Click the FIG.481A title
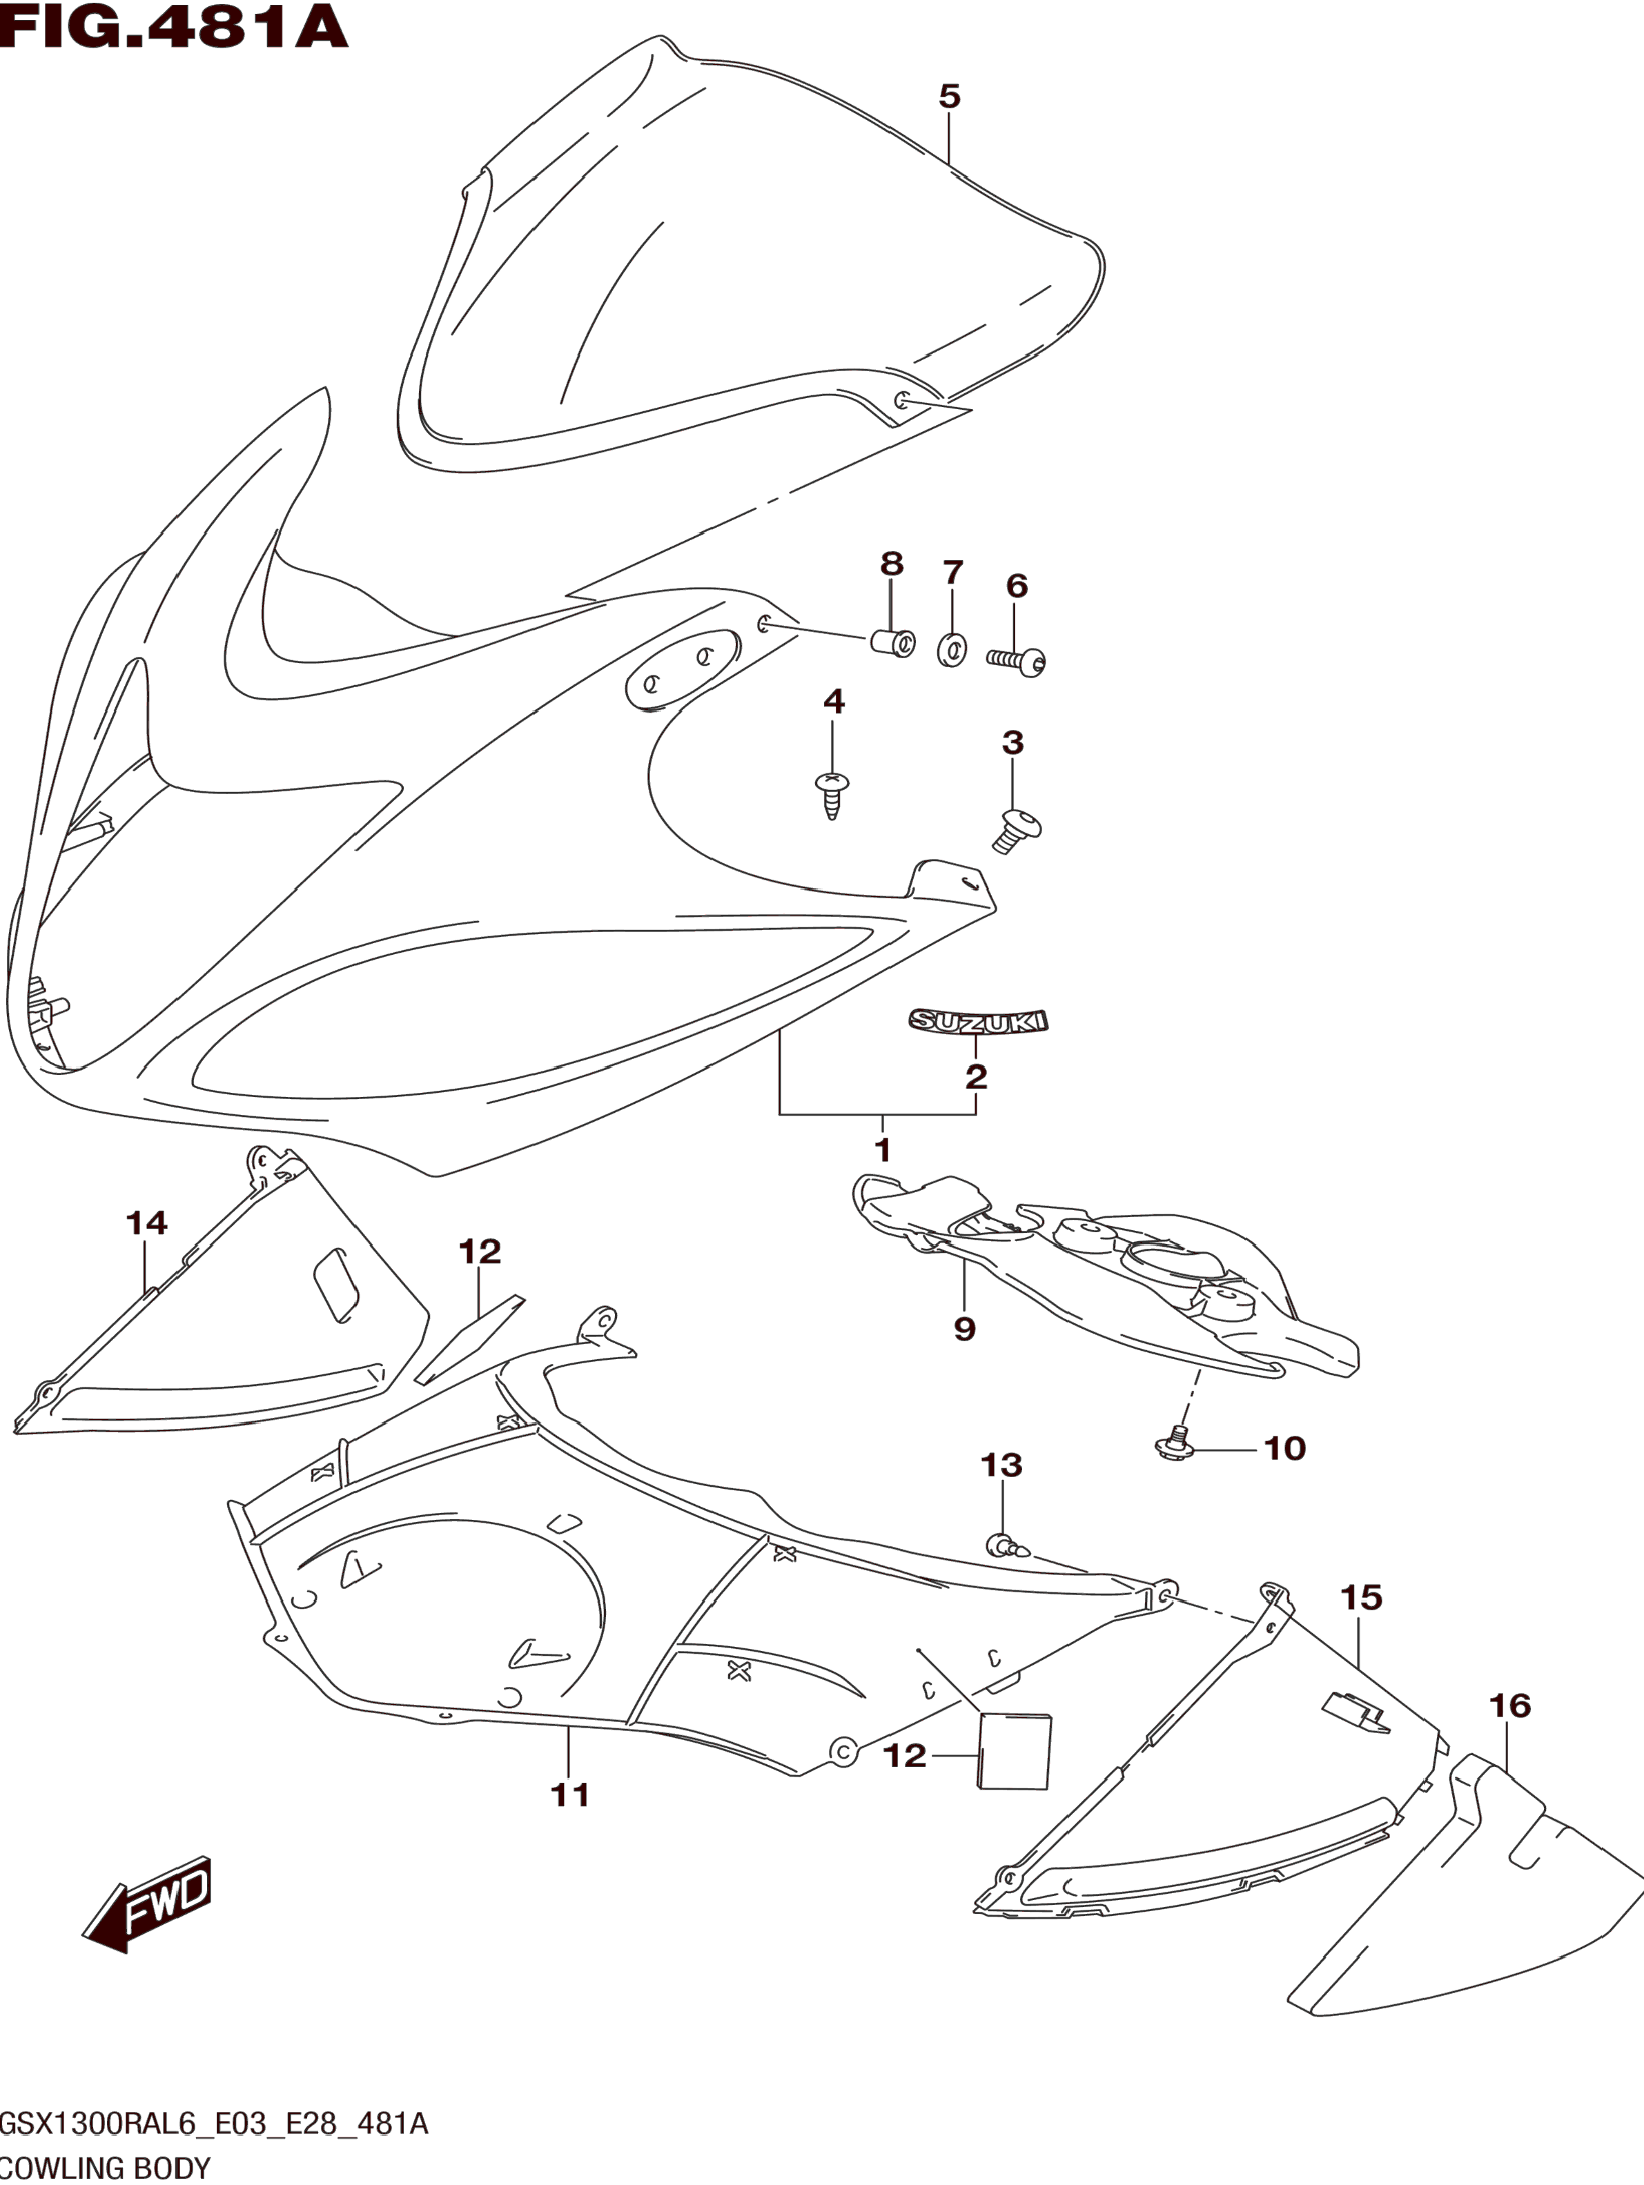[174, 28]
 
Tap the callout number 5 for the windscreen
[948, 97]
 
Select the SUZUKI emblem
[978, 1022]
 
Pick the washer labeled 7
[952, 649]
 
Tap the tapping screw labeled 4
[832, 795]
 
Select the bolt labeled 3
[1017, 830]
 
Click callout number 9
[964, 1329]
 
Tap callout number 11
[570, 1794]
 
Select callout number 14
[146, 1223]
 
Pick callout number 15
[1362, 1597]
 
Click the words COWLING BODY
[105, 2168]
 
